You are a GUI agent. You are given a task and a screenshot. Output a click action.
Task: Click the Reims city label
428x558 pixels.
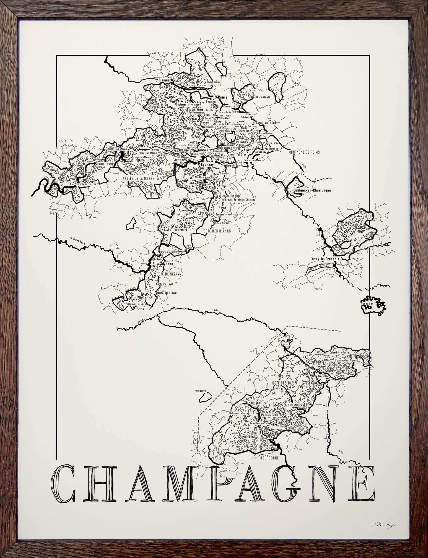tap(223, 97)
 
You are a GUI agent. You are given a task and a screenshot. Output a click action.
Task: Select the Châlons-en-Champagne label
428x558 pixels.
tap(312, 190)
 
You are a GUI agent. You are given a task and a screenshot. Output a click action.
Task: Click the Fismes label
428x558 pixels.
tap(164, 81)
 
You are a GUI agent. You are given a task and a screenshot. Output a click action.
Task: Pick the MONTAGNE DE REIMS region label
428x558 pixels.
tap(304, 152)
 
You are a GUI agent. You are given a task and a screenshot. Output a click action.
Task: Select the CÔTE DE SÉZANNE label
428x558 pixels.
tap(169, 274)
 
